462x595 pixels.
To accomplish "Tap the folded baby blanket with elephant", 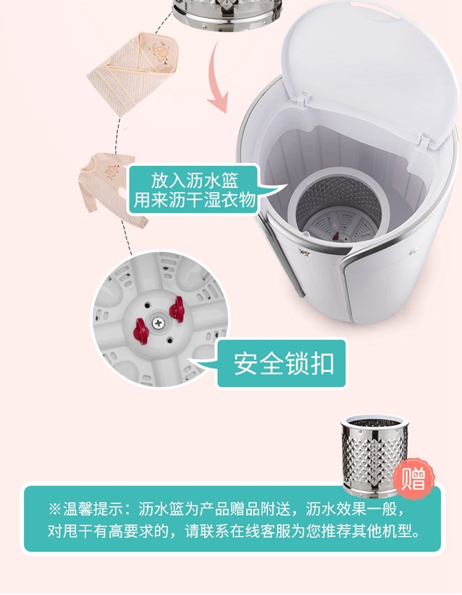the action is click(x=134, y=73).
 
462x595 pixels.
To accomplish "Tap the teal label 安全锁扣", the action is click(x=283, y=364).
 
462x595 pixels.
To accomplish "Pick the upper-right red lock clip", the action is click(x=177, y=309).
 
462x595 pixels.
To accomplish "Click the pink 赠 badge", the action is click(x=413, y=479).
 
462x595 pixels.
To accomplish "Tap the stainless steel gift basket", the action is click(x=375, y=455).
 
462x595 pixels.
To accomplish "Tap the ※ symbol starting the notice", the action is click(x=55, y=509).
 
